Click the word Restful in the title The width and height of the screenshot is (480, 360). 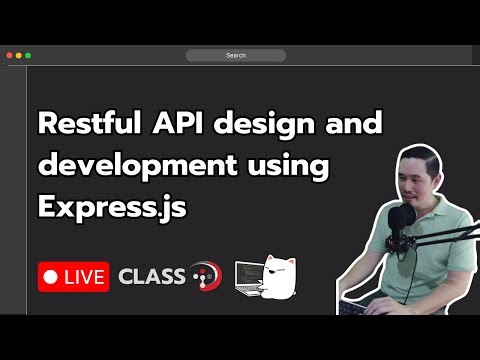pyautogui.click(x=83, y=126)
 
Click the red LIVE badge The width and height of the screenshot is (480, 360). pyautogui.click(x=74, y=276)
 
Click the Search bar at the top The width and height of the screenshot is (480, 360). pyautogui.click(x=236, y=55)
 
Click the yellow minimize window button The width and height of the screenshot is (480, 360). pyautogui.click(x=19, y=55)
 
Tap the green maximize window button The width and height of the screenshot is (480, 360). pyautogui.click(x=28, y=55)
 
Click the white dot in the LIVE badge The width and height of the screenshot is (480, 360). pyautogui.click(x=50, y=276)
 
